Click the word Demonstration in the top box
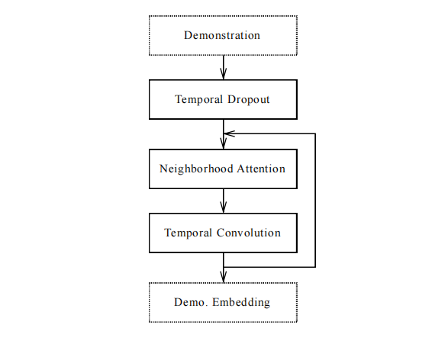[222, 36]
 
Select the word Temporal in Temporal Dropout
[199, 100]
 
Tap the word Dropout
[249, 100]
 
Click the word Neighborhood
[196, 169]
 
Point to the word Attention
[261, 169]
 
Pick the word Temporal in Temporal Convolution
[188, 233]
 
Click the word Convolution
[249, 233]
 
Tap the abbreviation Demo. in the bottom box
[191, 302]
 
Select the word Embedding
[241, 302]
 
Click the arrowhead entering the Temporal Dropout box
[224, 73]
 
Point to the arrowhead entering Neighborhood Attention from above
[224, 143]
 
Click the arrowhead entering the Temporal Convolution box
[224, 207]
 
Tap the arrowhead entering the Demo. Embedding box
[224, 277]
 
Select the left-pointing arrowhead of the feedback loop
[229, 133]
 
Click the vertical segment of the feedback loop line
[315, 201]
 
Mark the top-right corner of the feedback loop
[315, 133]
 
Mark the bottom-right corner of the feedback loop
[315, 267]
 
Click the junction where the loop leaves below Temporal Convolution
[224, 267]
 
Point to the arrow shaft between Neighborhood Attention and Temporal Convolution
[224, 201]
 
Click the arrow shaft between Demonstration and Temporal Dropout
[224, 67]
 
